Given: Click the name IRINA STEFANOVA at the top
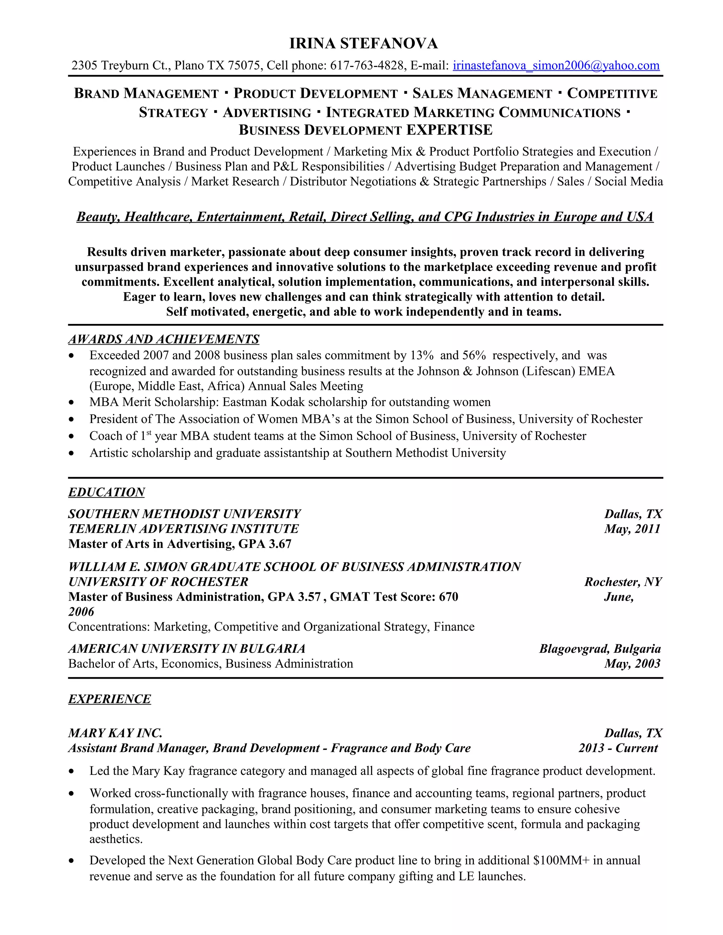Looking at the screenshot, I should (x=363, y=44).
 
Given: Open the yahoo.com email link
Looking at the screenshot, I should (x=556, y=66).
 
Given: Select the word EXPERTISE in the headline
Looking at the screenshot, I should (x=449, y=130).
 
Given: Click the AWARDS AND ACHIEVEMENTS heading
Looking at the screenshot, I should (x=163, y=339).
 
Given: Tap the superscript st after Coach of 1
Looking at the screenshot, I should (x=149, y=433).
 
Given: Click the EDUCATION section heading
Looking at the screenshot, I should (x=106, y=492).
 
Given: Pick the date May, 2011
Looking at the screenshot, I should (x=632, y=529).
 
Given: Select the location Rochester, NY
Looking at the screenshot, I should (x=623, y=582).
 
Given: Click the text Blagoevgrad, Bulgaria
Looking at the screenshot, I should (x=600, y=649).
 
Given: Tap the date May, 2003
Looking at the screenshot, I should (x=632, y=664).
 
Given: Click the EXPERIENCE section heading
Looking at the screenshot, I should (x=110, y=699).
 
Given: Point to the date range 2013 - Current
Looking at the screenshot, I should (x=618, y=748).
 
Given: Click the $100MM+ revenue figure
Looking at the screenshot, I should (x=561, y=860).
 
